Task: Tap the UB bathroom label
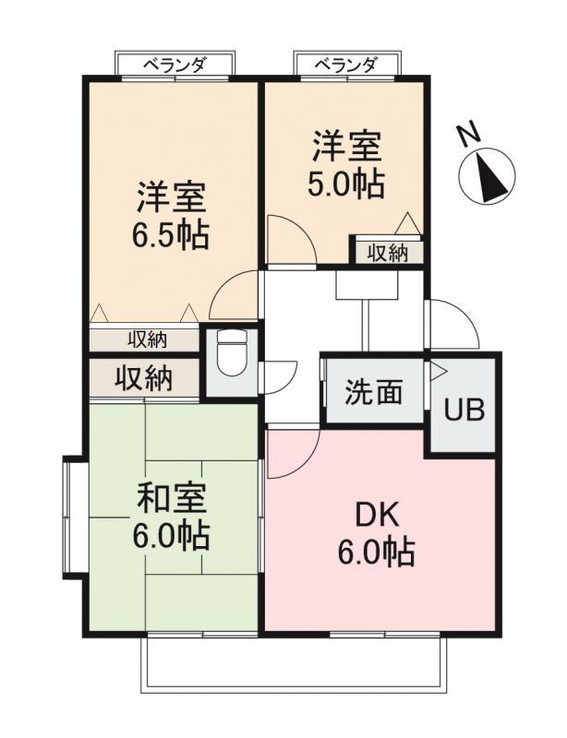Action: [x=464, y=410]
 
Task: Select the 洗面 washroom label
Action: [x=374, y=391]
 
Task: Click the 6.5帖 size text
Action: [x=170, y=235]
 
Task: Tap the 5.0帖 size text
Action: [x=346, y=184]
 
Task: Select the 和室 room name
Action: [x=172, y=499]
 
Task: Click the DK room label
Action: [x=377, y=517]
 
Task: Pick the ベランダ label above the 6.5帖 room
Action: [x=175, y=64]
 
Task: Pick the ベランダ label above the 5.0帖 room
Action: [x=346, y=64]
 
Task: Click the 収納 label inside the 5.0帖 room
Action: [x=388, y=254]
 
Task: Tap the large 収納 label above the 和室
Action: [x=144, y=377]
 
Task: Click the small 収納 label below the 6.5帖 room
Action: [x=148, y=339]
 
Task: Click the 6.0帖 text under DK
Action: [x=377, y=552]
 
